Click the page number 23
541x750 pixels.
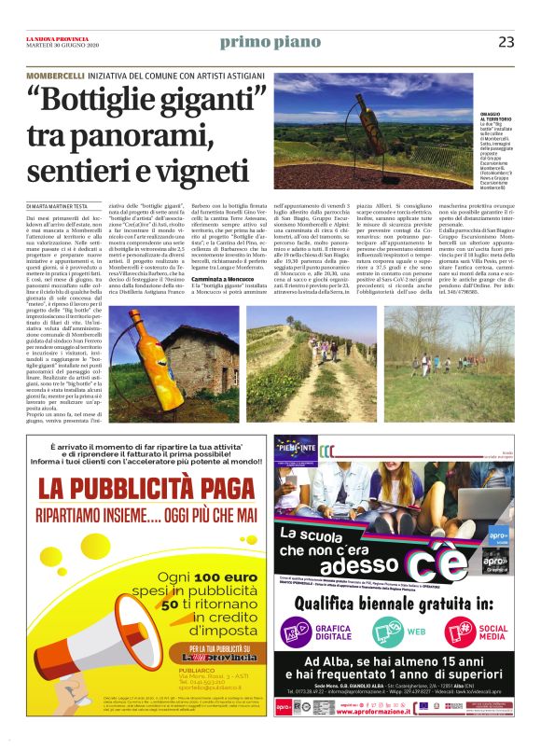click(x=506, y=41)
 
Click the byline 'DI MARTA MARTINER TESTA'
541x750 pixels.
click(x=59, y=204)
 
